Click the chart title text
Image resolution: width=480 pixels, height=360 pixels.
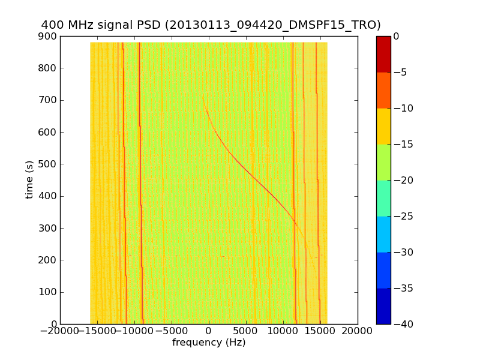pyautogui.click(x=211, y=25)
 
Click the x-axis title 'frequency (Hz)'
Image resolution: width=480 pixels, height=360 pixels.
pyautogui.click(x=209, y=343)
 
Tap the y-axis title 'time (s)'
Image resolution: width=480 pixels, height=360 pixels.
pyautogui.click(x=29, y=180)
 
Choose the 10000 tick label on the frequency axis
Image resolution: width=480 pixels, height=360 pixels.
pyautogui.click(x=283, y=332)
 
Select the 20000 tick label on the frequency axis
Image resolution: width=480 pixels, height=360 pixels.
pyautogui.click(x=358, y=332)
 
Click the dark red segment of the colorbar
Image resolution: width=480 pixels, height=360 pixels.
pyautogui.click(x=383, y=54)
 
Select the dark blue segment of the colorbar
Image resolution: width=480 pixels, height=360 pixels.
pyautogui.click(x=383, y=306)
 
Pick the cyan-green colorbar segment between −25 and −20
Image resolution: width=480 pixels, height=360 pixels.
pyautogui.click(x=383, y=198)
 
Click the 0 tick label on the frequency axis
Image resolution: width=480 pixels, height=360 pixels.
pyautogui.click(x=209, y=332)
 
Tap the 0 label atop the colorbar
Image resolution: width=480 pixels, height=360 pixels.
pyautogui.click(x=397, y=37)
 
